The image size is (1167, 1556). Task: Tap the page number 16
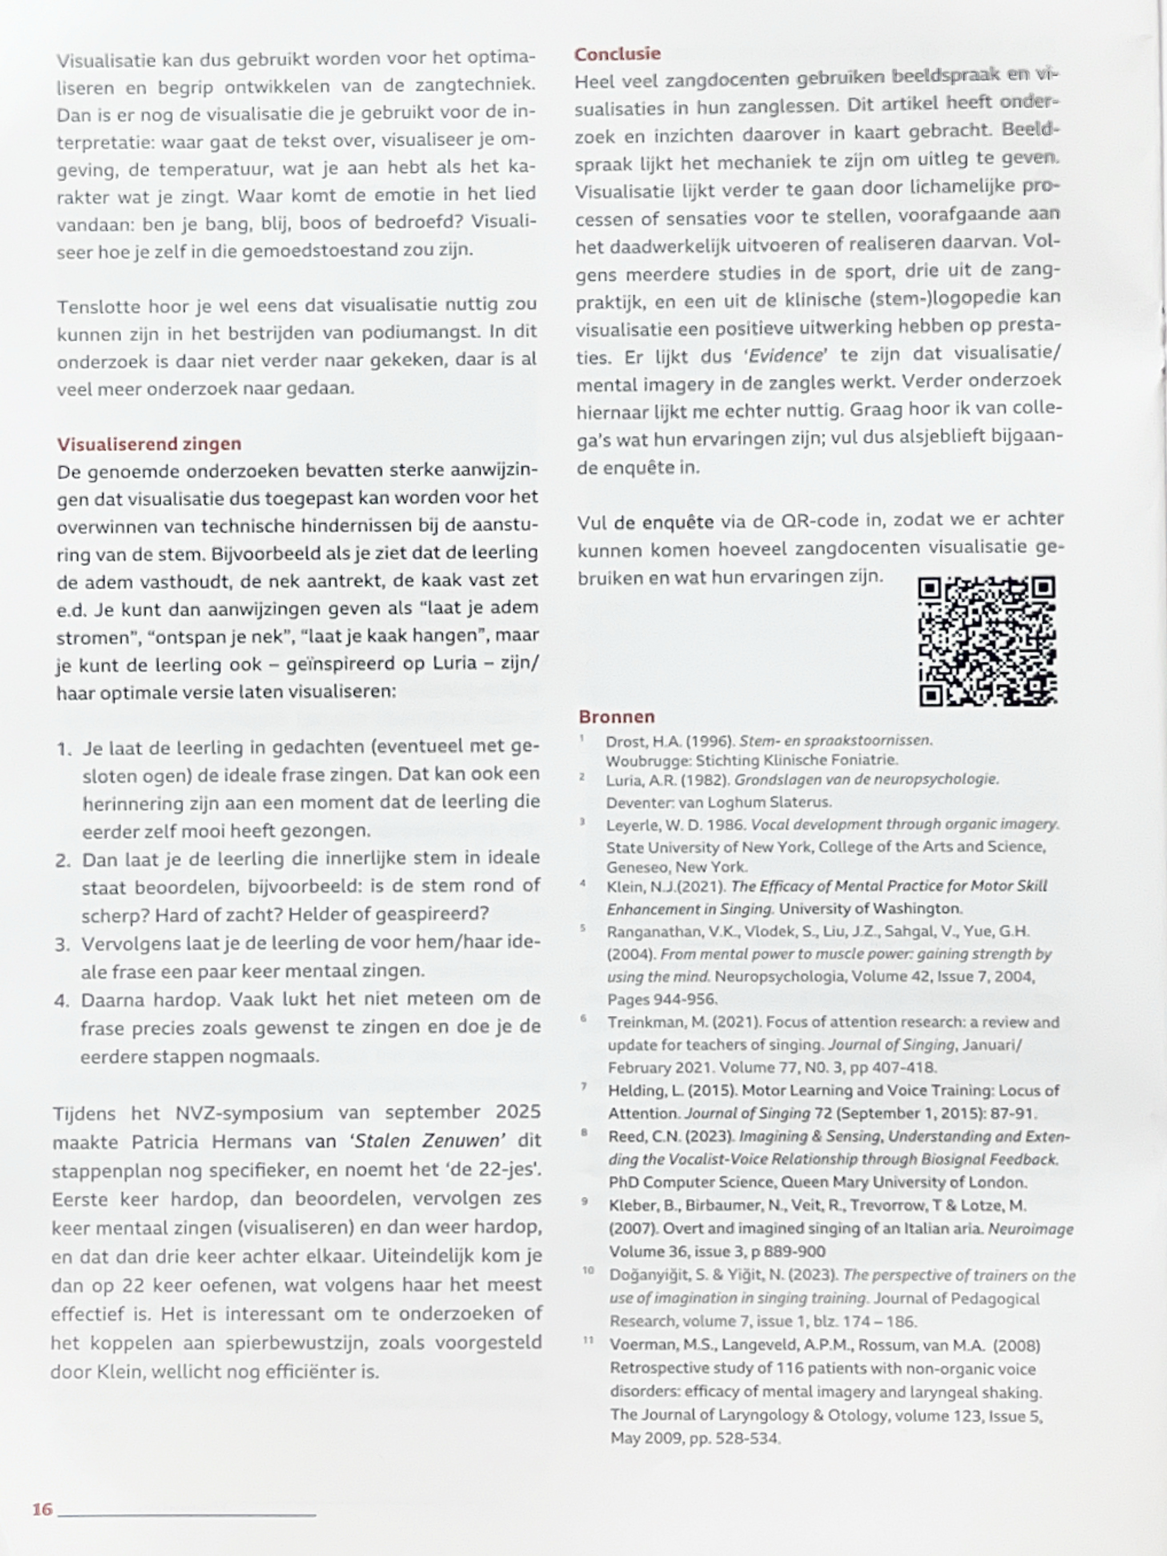coord(42,1509)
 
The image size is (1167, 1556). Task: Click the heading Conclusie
coord(617,54)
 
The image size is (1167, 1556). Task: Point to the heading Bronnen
coord(616,717)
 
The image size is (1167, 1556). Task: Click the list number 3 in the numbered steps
coord(63,944)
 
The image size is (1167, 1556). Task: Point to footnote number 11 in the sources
coord(589,1341)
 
